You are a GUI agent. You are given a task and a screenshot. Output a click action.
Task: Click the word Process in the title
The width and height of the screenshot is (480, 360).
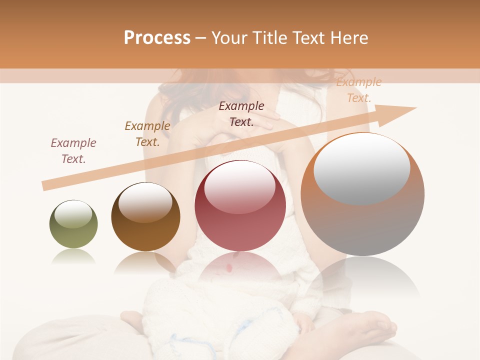point(157,38)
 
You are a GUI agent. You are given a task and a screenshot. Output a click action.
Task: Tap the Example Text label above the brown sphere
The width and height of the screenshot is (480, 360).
point(147,134)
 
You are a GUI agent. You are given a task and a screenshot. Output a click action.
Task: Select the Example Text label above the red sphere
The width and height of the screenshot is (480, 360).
point(241,113)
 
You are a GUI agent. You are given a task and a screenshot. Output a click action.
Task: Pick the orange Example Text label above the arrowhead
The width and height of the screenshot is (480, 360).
point(359,90)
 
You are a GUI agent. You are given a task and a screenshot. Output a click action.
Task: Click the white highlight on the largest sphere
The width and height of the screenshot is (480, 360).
point(362,167)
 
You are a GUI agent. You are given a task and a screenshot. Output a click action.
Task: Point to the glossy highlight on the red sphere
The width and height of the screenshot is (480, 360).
point(239,186)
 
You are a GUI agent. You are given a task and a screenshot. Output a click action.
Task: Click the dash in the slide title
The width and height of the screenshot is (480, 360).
point(200,38)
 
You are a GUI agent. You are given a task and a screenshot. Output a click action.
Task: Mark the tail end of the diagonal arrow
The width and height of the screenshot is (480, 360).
point(45,185)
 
